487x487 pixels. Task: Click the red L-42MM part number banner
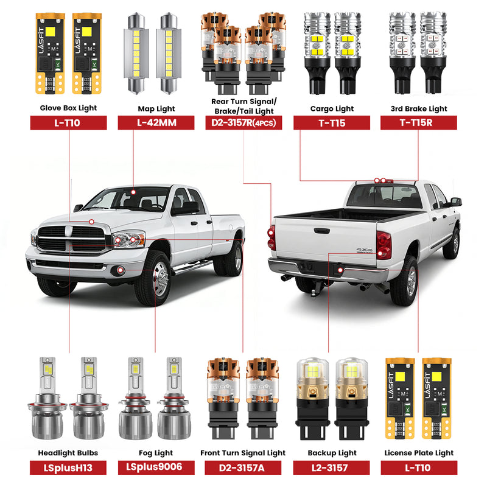[x=156, y=123]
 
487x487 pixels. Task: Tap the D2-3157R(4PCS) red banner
[x=243, y=123]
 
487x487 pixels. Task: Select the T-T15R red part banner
[x=419, y=123]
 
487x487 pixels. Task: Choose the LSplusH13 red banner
[x=68, y=468]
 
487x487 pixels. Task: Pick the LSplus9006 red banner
[x=156, y=468]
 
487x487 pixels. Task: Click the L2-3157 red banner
[x=331, y=468]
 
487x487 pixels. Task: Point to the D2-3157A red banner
[x=243, y=468]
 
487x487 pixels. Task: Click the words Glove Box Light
[x=68, y=108]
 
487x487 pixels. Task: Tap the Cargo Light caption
[x=332, y=109]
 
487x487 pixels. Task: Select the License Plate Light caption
[x=419, y=453]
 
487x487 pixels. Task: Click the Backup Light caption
[x=332, y=453]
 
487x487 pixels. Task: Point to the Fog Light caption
[x=156, y=453]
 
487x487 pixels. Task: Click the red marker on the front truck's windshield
[x=133, y=192]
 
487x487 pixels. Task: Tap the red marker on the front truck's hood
[x=91, y=222]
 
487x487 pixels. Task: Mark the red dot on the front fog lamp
[x=121, y=271]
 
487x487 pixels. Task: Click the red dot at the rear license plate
[x=340, y=270]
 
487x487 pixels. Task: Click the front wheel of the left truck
[x=155, y=279]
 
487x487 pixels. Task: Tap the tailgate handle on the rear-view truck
[x=321, y=231]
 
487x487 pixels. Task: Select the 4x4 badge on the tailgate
[x=365, y=250]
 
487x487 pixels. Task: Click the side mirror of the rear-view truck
[x=456, y=201]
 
